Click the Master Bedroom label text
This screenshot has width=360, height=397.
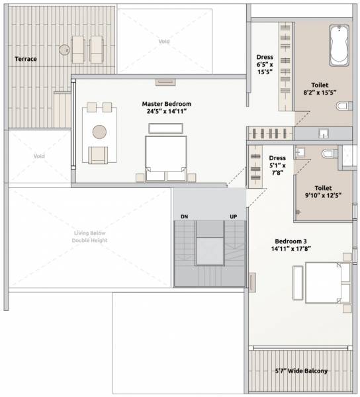coord(166,108)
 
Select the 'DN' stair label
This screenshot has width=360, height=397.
coord(185,217)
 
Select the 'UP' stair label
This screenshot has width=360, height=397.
coord(233,217)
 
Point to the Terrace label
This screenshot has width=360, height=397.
coord(26,59)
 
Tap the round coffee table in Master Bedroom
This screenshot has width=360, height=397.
coord(100,131)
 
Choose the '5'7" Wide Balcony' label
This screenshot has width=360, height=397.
coord(301,371)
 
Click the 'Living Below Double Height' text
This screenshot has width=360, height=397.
coord(89,236)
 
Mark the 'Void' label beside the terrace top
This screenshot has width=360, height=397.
coord(163,42)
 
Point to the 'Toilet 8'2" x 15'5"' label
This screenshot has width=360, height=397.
coord(320,88)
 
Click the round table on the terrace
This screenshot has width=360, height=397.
coord(64,50)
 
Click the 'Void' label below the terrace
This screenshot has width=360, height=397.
coord(39,157)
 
